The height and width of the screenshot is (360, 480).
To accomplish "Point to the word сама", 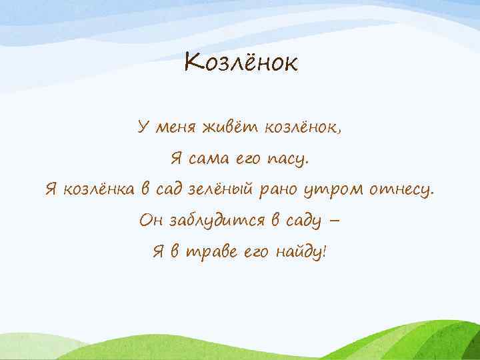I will tap(207, 159).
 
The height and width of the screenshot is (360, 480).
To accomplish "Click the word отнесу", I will tap(401, 191).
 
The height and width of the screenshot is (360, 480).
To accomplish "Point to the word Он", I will tap(149, 221).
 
